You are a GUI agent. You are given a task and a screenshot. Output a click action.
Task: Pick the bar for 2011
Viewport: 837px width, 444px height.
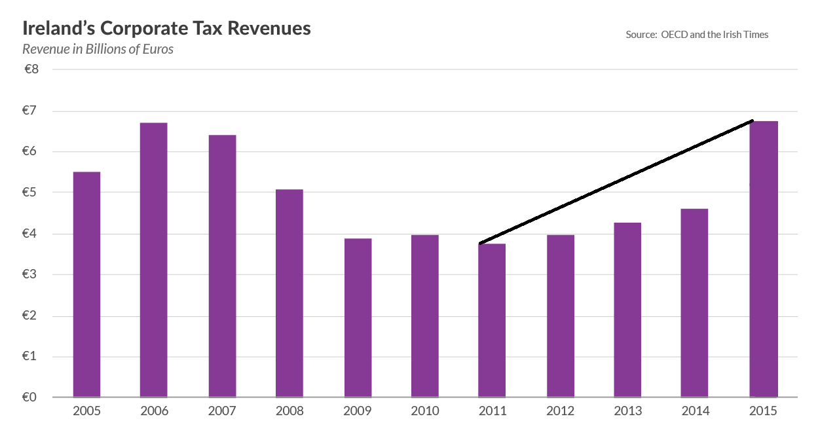coord(492,320)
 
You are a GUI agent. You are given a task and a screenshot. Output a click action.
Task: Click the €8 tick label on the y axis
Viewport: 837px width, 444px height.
coord(31,69)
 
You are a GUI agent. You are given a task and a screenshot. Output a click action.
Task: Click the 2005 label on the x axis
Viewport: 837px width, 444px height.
coord(86,411)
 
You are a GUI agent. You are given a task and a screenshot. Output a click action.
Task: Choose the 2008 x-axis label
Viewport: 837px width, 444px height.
coord(289,411)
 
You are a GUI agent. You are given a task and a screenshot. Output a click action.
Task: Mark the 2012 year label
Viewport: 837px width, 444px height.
coord(560,411)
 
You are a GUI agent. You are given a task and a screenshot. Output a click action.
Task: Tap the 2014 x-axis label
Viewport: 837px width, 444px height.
coord(695,411)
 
